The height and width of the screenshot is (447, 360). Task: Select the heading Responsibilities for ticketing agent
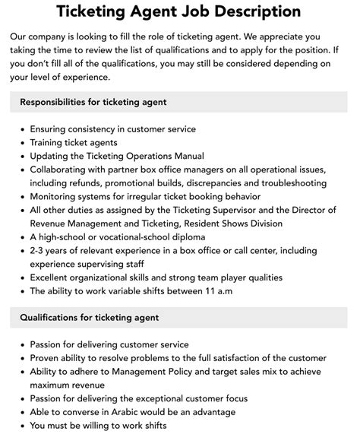pos(93,102)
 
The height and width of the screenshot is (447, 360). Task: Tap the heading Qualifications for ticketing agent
pos(89,317)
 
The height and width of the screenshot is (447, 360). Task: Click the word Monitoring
pos(56,196)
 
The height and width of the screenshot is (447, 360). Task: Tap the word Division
pos(262,223)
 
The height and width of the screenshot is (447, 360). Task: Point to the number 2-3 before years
pos(39,250)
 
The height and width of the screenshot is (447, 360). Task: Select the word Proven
pos(47,357)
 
